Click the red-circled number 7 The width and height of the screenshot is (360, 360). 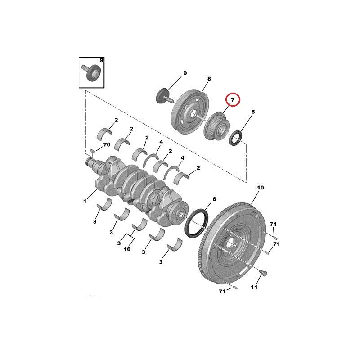[x=233, y=100]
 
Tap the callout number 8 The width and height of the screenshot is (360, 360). [x=209, y=79]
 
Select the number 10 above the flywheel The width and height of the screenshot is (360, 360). [x=261, y=188]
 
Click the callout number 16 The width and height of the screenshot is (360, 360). [x=127, y=249]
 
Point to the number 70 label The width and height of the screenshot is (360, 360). [x=107, y=144]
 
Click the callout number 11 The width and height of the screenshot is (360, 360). [x=254, y=287]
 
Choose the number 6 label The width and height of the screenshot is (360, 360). [x=214, y=199]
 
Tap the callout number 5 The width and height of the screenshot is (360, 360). [x=253, y=112]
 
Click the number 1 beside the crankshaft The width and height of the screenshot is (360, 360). [x=85, y=201]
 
